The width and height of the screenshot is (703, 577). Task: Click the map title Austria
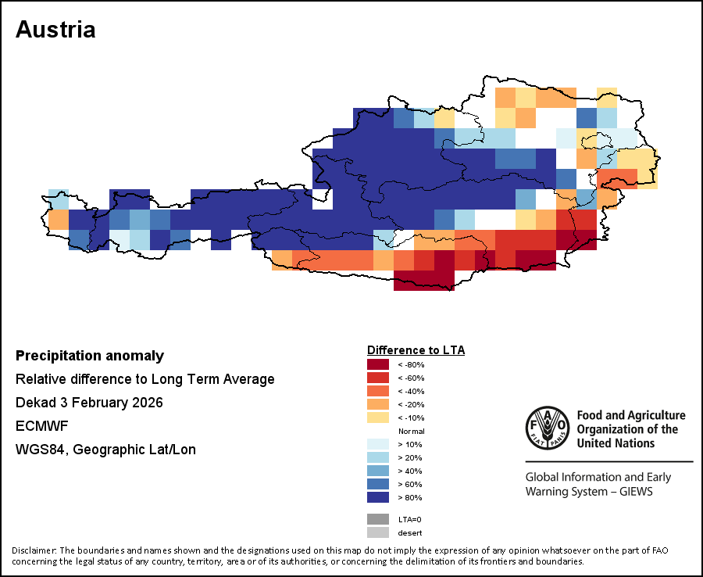(x=55, y=30)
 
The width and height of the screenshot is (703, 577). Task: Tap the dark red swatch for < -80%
(x=377, y=364)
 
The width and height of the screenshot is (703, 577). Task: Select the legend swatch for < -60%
(x=377, y=378)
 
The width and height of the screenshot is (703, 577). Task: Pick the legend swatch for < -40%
(x=377, y=391)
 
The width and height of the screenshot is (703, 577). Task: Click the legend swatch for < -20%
(x=377, y=404)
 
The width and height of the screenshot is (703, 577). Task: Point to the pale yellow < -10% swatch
(x=377, y=418)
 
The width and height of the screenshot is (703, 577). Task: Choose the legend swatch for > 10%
(x=377, y=444)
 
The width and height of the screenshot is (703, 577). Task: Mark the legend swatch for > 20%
(x=377, y=457)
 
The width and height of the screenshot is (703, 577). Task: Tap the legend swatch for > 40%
(x=377, y=471)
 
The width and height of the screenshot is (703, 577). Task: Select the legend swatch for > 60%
(x=377, y=484)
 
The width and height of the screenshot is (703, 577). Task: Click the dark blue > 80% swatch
(x=377, y=497)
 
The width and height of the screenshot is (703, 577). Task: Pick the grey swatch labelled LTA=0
(x=377, y=519)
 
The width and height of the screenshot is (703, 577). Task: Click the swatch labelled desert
(x=377, y=532)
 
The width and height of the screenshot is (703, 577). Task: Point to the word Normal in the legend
(x=411, y=431)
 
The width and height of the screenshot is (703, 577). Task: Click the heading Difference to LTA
(x=416, y=349)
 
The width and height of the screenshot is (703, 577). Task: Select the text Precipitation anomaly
(x=90, y=356)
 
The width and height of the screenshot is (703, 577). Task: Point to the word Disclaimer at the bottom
(x=34, y=550)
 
